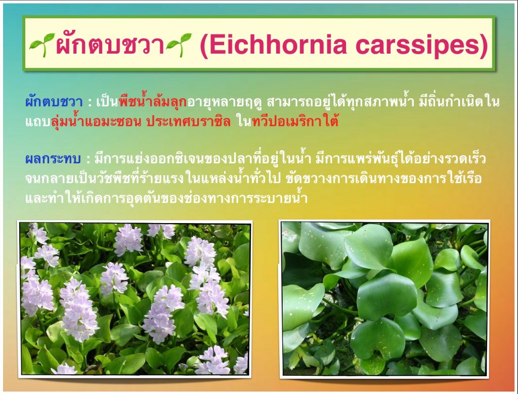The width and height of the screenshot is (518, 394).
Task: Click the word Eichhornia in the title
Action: [x=278, y=45]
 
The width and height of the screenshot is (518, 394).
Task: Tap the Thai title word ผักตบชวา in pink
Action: [x=110, y=45]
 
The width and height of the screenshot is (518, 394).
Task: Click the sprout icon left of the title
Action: [x=42, y=45]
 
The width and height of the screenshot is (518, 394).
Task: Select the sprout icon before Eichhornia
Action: [x=179, y=45]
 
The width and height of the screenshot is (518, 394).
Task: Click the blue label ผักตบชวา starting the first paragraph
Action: [x=54, y=102]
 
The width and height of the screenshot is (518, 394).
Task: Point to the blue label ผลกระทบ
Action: [x=53, y=159]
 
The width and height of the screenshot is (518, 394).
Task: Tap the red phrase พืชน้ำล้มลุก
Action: [x=153, y=101]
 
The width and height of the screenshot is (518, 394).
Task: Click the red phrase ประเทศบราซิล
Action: [x=189, y=122]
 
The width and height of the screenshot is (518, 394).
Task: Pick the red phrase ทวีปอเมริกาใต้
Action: [x=295, y=122]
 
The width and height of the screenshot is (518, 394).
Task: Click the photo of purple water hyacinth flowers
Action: [x=135, y=299]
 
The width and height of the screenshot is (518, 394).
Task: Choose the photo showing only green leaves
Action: [x=384, y=299]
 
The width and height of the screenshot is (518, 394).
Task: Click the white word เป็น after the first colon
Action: [x=107, y=102]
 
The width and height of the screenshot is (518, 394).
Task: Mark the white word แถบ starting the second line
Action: [x=37, y=122]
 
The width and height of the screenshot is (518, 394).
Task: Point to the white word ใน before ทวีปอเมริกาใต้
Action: [x=244, y=122]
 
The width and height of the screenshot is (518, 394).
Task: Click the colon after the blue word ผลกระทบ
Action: [x=88, y=160]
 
